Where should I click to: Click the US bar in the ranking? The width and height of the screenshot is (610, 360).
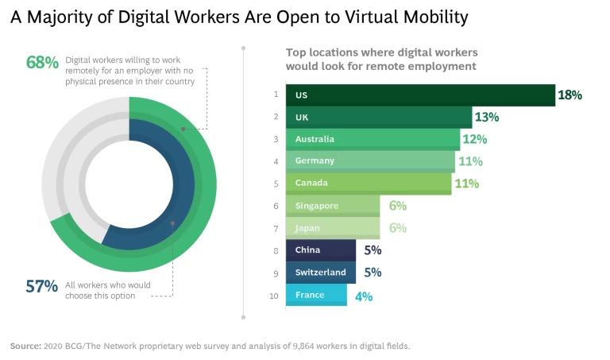coord(421,95)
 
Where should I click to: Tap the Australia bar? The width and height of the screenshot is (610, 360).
coord(373,139)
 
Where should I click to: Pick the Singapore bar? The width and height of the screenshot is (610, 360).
coord(334,206)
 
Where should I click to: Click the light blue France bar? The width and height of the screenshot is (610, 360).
coord(318,295)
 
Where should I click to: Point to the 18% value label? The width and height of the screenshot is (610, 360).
coord(569,95)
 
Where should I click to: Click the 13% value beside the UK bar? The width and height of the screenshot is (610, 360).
coord(486,117)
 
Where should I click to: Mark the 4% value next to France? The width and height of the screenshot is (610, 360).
coord(363,296)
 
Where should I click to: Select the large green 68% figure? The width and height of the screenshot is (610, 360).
coord(43,62)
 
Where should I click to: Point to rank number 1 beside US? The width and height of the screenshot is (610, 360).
coord(276,95)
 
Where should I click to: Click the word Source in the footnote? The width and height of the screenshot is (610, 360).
coord(25,346)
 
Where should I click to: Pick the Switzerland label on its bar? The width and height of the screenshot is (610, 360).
coord(320,273)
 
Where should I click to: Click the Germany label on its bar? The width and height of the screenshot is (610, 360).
coord(315,161)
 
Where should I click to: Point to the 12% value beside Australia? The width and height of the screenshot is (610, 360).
coord(474,139)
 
